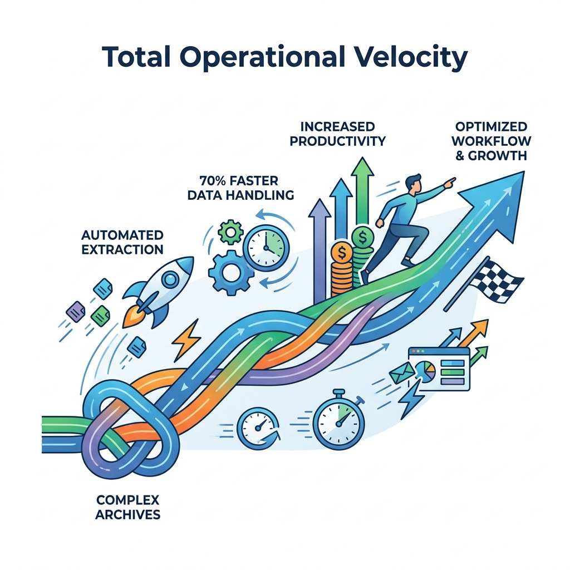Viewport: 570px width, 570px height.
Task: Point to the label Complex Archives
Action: tap(127, 506)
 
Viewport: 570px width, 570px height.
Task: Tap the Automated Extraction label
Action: tap(122, 242)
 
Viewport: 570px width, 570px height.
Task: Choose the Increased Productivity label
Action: tap(338, 134)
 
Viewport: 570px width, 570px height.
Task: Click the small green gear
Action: tap(230, 232)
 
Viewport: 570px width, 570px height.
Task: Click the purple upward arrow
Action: tap(320, 245)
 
